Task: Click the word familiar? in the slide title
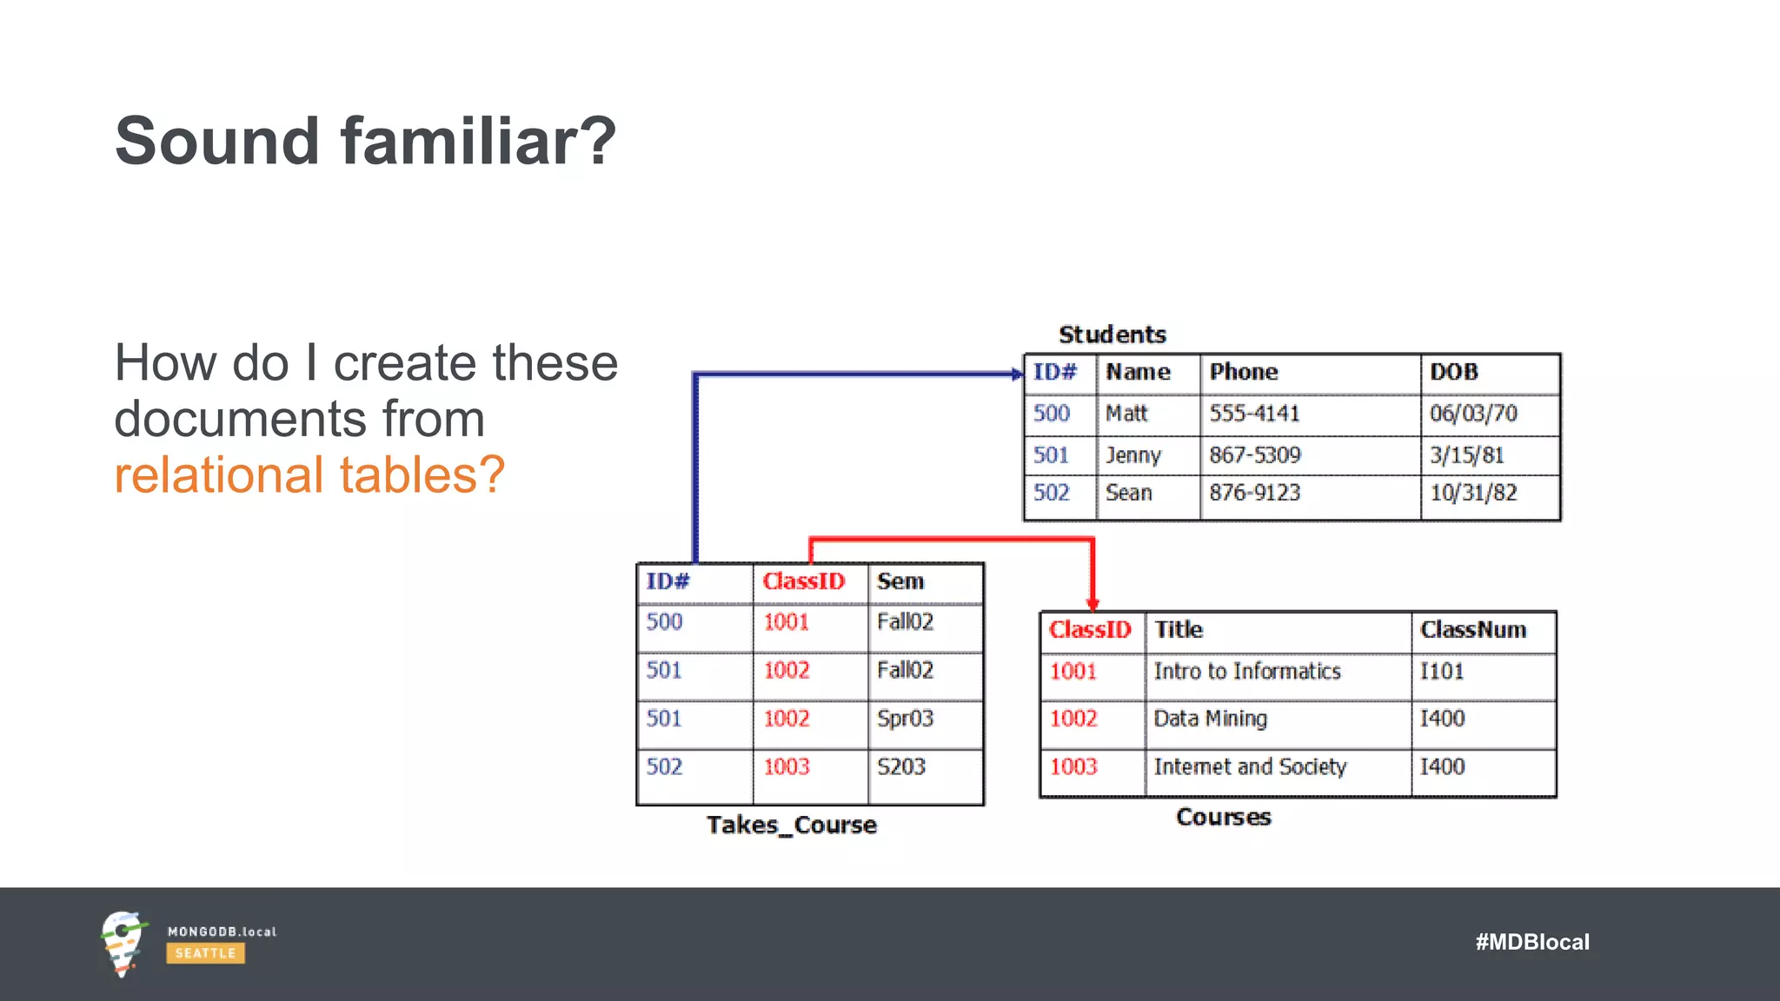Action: point(478,141)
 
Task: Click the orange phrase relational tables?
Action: point(309,475)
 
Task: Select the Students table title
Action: point(1112,335)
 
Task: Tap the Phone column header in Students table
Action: point(1244,372)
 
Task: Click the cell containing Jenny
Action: point(1132,454)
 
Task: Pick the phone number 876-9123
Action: point(1254,493)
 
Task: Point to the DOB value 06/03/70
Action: point(1473,413)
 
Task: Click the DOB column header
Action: point(1454,372)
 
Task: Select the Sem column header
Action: point(900,581)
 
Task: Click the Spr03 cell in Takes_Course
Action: point(905,719)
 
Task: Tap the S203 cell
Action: point(901,766)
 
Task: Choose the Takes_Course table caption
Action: point(791,825)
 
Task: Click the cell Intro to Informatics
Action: point(1246,671)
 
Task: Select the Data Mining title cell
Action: point(1210,719)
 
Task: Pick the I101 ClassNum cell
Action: point(1442,671)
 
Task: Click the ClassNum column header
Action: point(1472,630)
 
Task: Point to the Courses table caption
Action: point(1223,817)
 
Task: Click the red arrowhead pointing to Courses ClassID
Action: point(1093,603)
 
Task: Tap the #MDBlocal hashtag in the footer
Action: point(1531,942)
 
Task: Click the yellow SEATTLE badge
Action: point(205,953)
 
